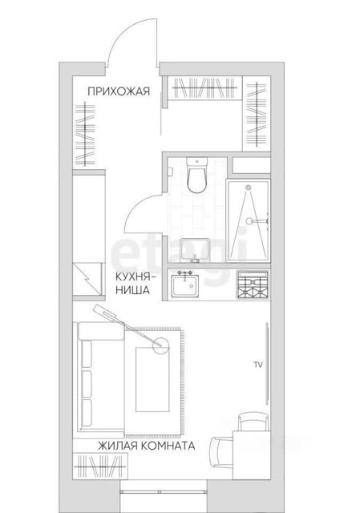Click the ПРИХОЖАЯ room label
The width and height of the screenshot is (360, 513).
click(x=119, y=91)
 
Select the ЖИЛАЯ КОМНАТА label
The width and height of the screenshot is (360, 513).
click(x=146, y=446)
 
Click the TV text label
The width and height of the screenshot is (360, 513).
click(x=258, y=365)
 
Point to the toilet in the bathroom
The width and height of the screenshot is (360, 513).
click(x=196, y=176)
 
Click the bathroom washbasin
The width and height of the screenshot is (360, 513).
click(x=195, y=251)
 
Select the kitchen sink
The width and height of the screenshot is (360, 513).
click(x=185, y=285)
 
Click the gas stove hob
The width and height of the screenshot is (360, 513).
click(x=253, y=284)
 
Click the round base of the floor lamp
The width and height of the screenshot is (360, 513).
click(x=161, y=345)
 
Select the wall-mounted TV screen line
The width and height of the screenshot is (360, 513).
click(x=267, y=364)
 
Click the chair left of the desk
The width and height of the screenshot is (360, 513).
click(x=221, y=454)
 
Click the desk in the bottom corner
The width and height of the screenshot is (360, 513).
click(x=252, y=455)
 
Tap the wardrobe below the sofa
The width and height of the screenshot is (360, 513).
click(x=100, y=466)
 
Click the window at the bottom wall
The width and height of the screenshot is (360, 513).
click(x=164, y=491)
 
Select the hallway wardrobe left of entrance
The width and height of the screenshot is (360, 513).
click(x=86, y=135)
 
